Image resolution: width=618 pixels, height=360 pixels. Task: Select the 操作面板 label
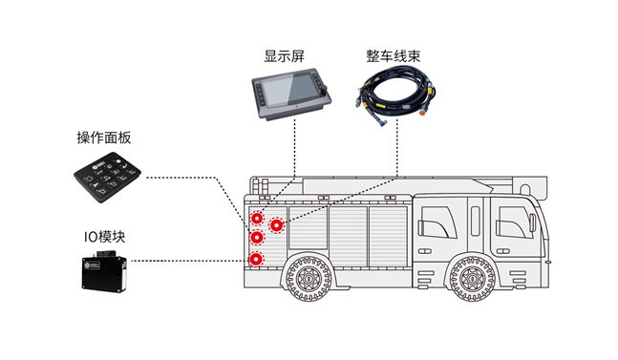tap(104, 138)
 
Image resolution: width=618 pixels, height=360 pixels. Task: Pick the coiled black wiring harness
tap(393, 97)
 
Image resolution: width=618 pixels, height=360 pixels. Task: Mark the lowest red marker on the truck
tap(256, 259)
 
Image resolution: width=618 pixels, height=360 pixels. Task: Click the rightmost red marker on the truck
tap(276, 226)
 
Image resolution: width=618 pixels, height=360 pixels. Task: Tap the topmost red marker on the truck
tap(256, 216)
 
